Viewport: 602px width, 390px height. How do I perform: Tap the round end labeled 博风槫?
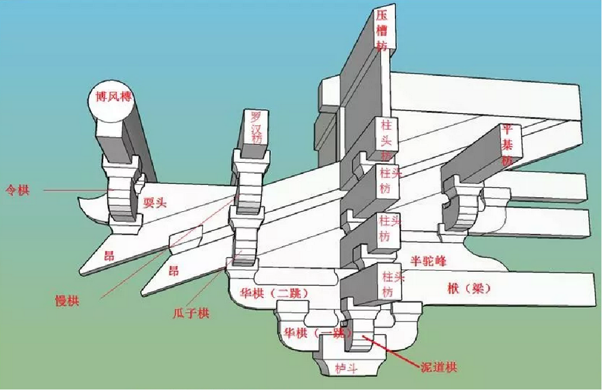[x=113, y=98]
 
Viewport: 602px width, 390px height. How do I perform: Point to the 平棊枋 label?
[x=507, y=144]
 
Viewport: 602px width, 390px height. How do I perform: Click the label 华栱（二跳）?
[x=273, y=292]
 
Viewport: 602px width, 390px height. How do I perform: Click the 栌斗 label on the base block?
[x=346, y=368]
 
